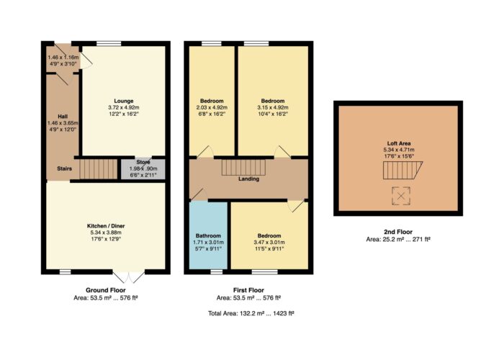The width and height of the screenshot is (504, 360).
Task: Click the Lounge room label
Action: click(124, 101)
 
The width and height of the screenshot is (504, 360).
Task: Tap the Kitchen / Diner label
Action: click(106, 226)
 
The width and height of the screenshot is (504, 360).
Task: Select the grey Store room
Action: click(143, 169)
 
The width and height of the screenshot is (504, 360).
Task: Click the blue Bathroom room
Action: click(208, 235)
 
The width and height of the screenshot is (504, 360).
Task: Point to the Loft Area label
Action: click(399, 144)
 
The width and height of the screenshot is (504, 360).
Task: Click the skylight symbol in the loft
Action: click(401, 196)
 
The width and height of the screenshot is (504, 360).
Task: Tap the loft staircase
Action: click(402, 171)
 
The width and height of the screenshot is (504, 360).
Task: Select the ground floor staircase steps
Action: click(99, 169)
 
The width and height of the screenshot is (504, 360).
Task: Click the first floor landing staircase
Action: click(243, 168)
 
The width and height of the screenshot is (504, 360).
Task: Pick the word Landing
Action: click(249, 179)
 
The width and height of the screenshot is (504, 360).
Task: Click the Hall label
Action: click(63, 117)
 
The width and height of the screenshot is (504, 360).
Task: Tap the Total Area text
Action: click(251, 313)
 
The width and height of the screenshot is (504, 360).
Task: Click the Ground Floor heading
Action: click(106, 290)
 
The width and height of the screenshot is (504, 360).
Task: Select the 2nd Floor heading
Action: click(398, 232)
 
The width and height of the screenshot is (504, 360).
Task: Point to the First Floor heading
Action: click(249, 290)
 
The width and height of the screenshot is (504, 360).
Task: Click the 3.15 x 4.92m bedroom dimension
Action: click(273, 107)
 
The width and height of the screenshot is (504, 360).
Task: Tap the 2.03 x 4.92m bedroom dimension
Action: click(212, 107)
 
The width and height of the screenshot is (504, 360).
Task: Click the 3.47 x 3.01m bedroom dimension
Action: click(269, 242)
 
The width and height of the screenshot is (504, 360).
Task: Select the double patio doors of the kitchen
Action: click(129, 276)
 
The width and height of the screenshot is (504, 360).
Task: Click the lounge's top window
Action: click(109, 43)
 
